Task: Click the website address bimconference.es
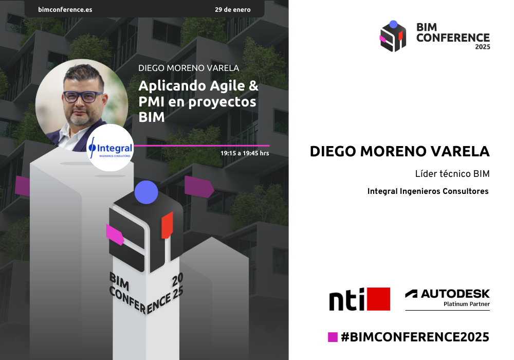(65, 9)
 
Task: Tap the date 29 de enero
(233, 9)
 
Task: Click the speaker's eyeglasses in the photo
(83, 97)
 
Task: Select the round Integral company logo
(111, 148)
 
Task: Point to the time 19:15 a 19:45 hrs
(245, 153)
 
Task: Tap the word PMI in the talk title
(151, 102)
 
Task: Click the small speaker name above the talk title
(189, 68)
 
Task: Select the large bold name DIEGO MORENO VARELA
(399, 152)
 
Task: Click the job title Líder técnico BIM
(452, 174)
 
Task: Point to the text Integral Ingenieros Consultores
(428, 191)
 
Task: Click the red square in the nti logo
(379, 299)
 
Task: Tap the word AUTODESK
(455, 294)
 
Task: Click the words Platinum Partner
(467, 304)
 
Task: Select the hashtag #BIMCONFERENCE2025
(415, 337)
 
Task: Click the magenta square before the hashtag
(333, 337)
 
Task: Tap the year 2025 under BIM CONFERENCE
(483, 47)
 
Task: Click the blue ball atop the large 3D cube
(146, 192)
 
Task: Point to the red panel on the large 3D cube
(167, 225)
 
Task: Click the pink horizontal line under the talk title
(201, 146)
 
